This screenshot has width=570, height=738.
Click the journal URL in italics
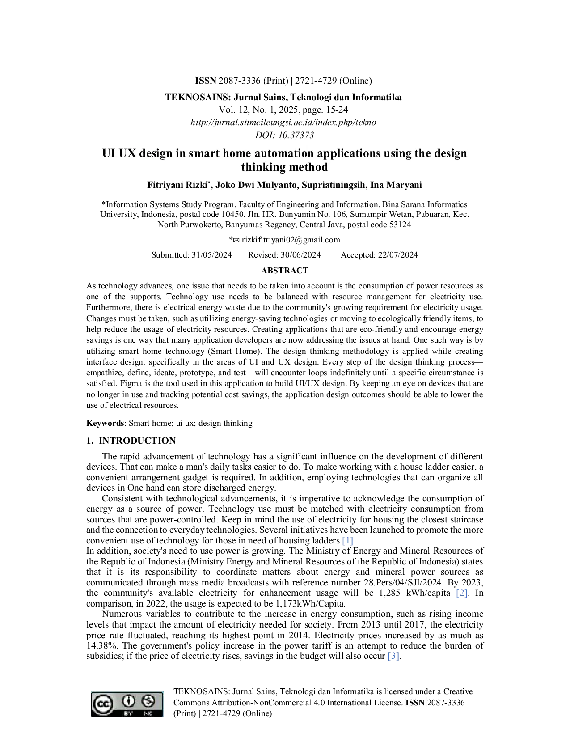pos(283,122)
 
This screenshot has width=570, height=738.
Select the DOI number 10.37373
pos(296,135)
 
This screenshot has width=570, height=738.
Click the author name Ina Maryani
pos(396,185)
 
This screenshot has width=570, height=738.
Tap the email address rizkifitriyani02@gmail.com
pos(291,240)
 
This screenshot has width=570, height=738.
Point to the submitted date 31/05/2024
pos(211,255)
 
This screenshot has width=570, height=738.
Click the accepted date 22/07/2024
pos(398,255)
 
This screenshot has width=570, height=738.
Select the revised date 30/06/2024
pos(300,255)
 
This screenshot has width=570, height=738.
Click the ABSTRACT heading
pos(284,271)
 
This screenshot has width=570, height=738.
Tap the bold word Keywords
pos(105,423)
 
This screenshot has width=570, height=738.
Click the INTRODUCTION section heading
pos(137,441)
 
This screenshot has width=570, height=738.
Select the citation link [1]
pos(348,540)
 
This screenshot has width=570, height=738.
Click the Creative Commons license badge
pos(127,704)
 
